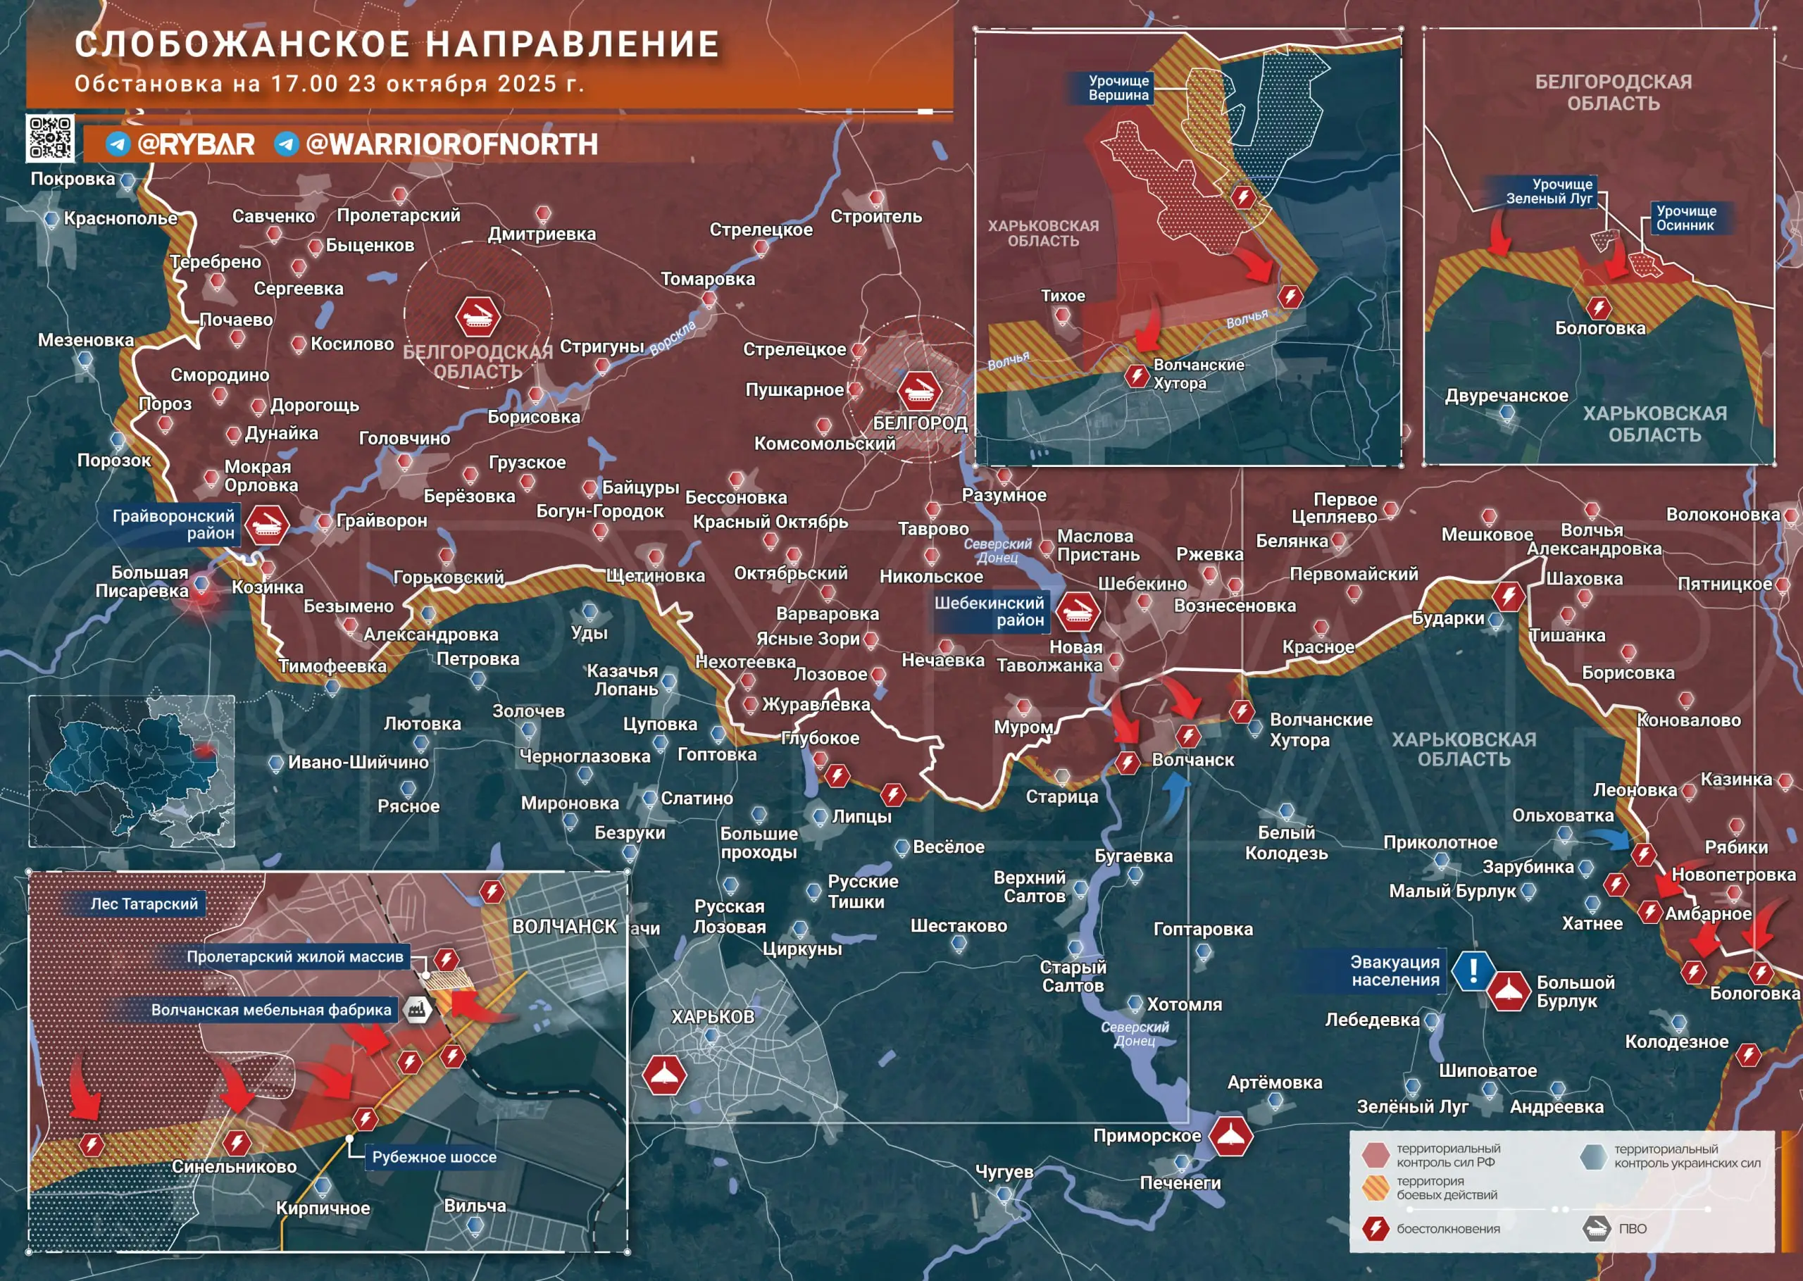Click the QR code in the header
(x=51, y=138)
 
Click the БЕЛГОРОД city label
(x=920, y=423)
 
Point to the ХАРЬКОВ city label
(x=712, y=1017)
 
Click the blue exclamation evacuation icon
(x=1472, y=970)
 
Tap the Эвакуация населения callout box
(x=1395, y=971)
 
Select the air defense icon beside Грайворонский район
(x=267, y=525)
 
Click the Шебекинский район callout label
(x=989, y=611)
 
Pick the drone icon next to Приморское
(x=1230, y=1136)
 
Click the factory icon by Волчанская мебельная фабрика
(x=416, y=1009)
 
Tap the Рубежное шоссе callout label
(x=434, y=1157)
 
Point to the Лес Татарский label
(x=144, y=904)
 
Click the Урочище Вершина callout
(x=1118, y=87)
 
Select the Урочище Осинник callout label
(x=1685, y=218)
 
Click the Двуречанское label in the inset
(x=1506, y=396)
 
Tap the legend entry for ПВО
(x=1632, y=1228)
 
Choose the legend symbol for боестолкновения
(x=1375, y=1228)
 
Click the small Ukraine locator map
(x=132, y=770)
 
